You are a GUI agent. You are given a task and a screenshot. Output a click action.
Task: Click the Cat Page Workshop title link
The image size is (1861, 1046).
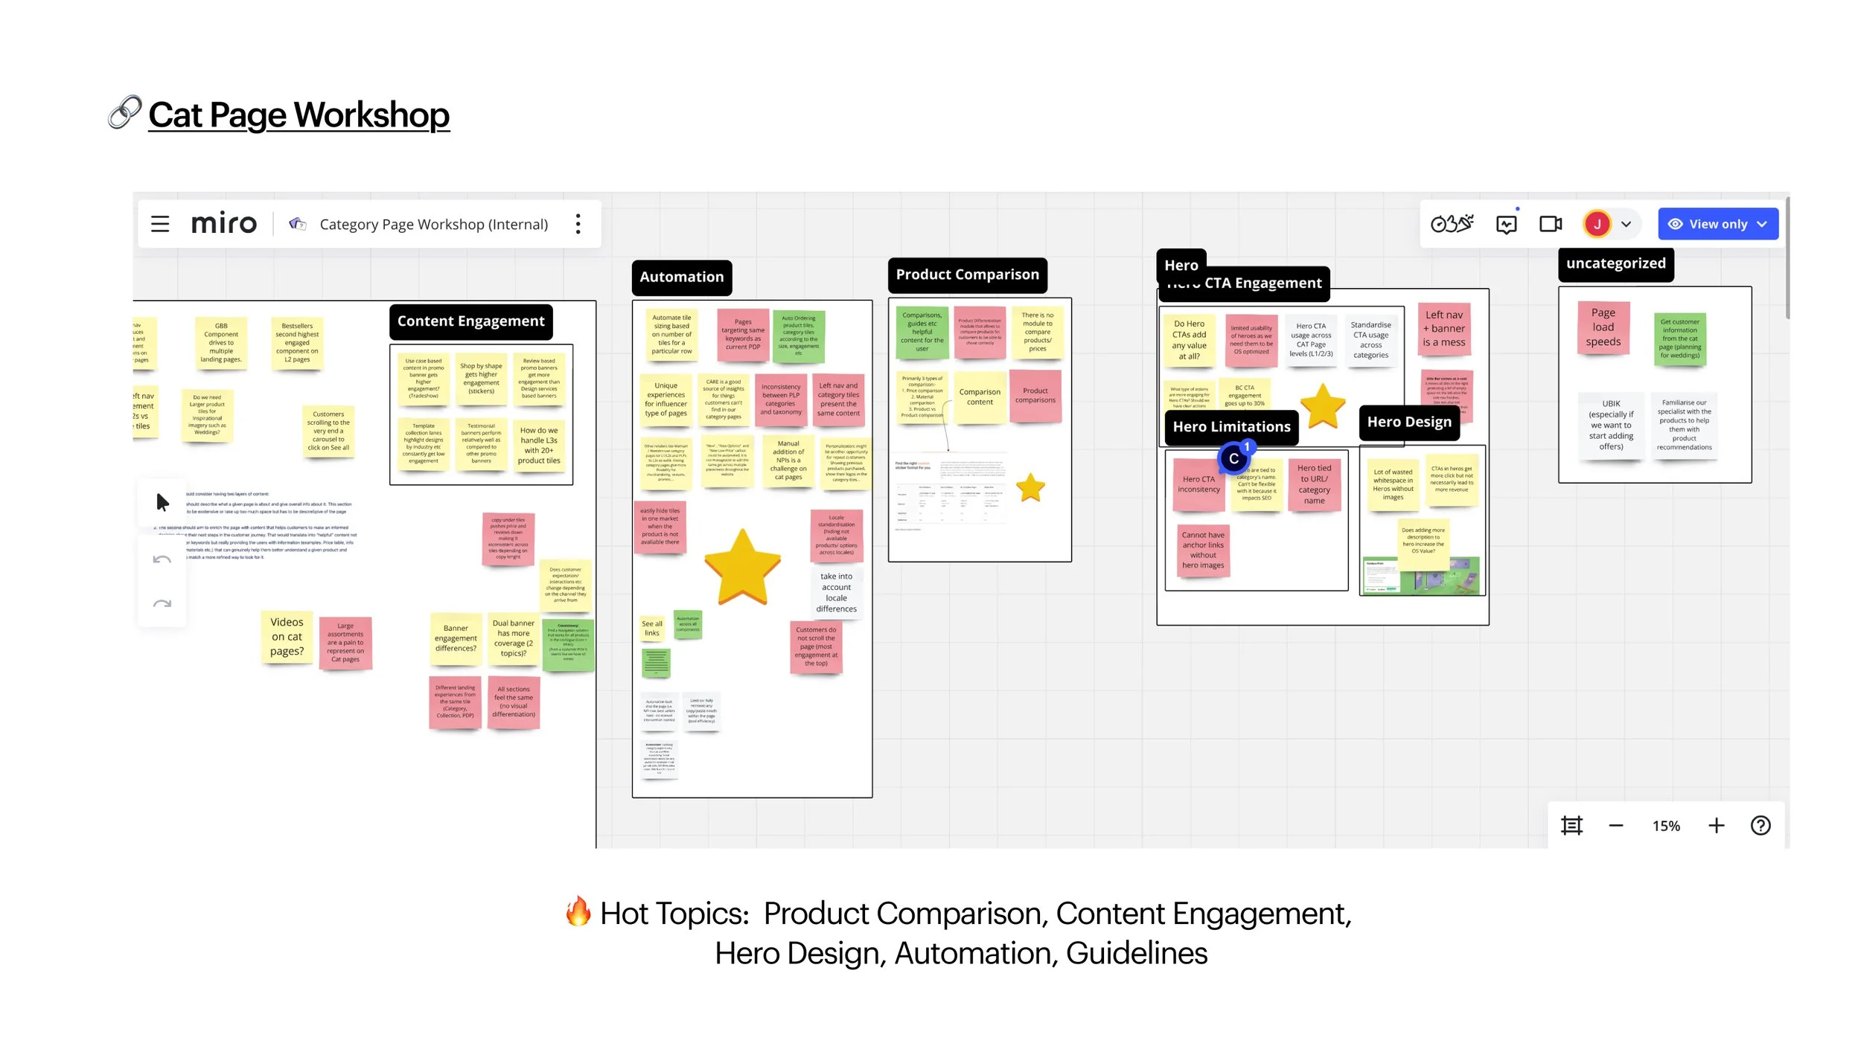coord(299,115)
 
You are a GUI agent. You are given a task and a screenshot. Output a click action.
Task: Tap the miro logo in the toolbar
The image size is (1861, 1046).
coord(223,224)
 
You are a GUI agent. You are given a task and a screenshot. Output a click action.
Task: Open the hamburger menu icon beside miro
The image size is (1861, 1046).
coord(160,224)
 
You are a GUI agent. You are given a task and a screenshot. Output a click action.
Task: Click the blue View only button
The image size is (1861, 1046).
coord(1717,224)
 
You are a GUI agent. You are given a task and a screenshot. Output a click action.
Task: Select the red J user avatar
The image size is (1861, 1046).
coord(1597,224)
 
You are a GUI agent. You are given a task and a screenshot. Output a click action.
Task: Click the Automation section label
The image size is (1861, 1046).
coord(681,277)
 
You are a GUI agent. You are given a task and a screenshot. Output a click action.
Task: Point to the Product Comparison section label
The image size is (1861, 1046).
coord(967,275)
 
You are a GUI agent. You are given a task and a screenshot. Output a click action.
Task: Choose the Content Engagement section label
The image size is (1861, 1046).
coord(470,321)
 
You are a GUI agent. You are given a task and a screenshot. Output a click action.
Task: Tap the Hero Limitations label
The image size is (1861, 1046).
coord(1231,427)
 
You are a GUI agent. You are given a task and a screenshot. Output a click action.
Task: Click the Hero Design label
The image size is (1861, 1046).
coord(1408,422)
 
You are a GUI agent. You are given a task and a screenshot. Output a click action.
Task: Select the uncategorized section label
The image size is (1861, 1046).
coord(1615,264)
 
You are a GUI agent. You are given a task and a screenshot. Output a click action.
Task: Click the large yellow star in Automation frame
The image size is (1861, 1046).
coord(742,567)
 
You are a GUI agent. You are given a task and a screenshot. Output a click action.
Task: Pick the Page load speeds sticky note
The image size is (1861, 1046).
coord(1603,328)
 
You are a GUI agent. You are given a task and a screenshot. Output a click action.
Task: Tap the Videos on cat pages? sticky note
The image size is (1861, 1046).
coord(287,638)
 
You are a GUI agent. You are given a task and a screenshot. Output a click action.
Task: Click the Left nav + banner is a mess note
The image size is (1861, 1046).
coord(1443,329)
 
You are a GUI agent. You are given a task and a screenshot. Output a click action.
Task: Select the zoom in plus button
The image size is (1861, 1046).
coord(1716,826)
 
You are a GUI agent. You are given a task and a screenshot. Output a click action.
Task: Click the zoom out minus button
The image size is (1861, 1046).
coord(1615,826)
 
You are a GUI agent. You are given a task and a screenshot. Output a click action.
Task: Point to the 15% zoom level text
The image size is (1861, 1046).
coord(1666,826)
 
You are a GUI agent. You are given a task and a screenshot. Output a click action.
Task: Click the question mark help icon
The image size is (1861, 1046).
coord(1761,826)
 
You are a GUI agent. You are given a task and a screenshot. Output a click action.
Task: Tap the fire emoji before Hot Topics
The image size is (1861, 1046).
coord(578,912)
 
